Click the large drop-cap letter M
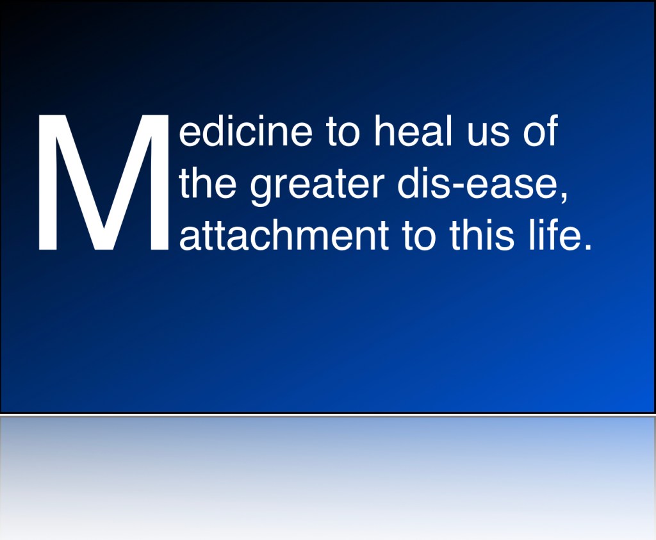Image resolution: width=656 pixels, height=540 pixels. point(103,183)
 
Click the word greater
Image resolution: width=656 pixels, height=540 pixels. point(317,186)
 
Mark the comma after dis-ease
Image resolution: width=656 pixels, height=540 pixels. point(565,198)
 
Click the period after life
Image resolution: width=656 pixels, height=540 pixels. point(589,247)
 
